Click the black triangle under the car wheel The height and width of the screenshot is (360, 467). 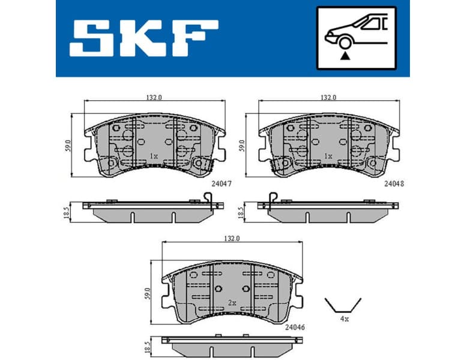coord(345,56)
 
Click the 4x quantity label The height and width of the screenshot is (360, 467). coord(344,320)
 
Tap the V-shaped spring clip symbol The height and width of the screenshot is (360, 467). coord(343,304)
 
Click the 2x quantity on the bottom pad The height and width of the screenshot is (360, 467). coord(232,303)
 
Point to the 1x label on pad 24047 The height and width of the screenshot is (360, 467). coord(153,156)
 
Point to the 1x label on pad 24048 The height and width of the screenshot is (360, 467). coord(328,156)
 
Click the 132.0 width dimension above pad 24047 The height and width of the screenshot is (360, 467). coord(154,97)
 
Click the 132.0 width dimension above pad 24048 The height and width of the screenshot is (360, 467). coord(328,97)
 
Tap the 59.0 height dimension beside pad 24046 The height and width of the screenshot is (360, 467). coord(148,293)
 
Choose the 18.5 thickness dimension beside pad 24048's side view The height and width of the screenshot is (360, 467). coord(243,211)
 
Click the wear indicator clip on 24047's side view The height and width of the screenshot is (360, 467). coord(208,197)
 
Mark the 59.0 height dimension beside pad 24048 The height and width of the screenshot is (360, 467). coord(243,145)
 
